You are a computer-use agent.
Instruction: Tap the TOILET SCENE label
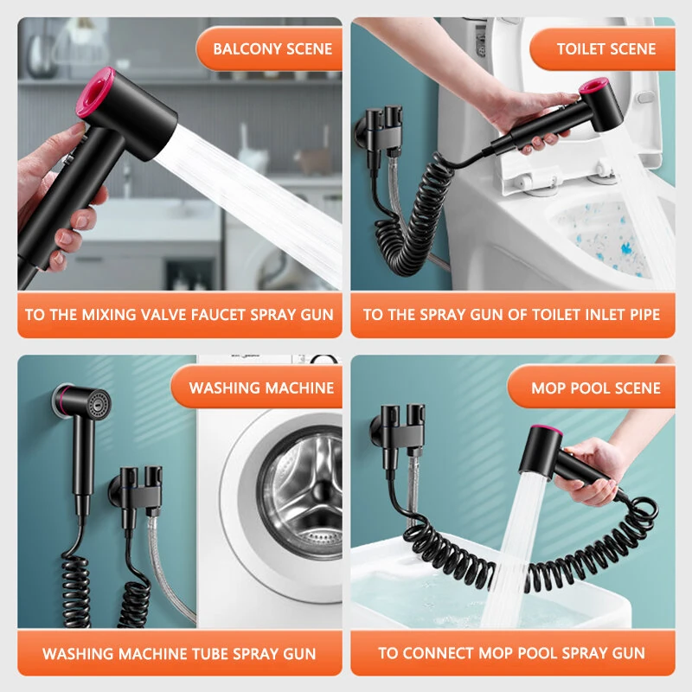point(605,48)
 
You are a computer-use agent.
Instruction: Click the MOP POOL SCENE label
point(596,388)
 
